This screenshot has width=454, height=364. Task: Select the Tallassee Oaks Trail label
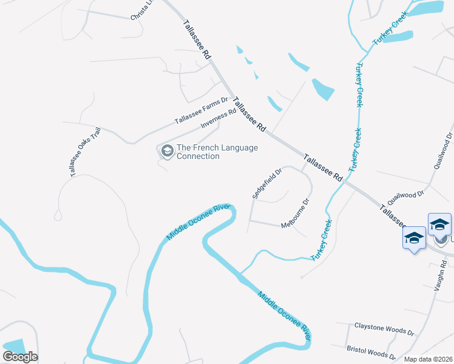point(84,152)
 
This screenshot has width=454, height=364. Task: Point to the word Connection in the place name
point(198,157)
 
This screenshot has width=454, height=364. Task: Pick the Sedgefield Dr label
point(267,183)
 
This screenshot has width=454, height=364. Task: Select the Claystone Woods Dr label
point(384,329)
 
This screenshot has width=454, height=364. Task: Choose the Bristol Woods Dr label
point(371,352)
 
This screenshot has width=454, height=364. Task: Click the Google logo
point(20,357)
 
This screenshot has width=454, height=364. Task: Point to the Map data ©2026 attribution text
point(428,359)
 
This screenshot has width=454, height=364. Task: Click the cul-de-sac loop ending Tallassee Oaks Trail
point(58,215)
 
